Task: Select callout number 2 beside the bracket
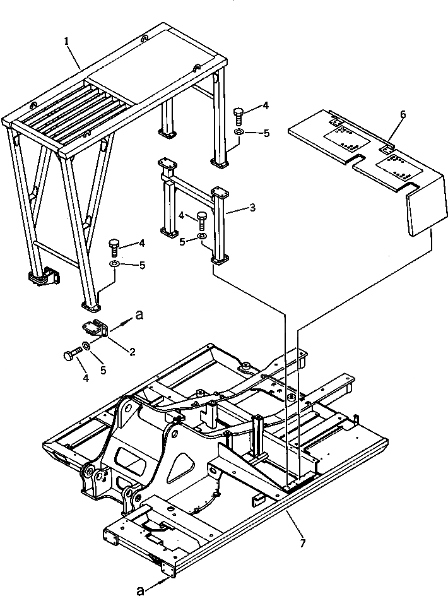[133, 352]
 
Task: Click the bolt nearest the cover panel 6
[239, 116]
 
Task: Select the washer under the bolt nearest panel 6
[239, 133]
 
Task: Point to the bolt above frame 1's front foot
[114, 247]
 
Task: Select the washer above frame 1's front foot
[115, 265]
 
